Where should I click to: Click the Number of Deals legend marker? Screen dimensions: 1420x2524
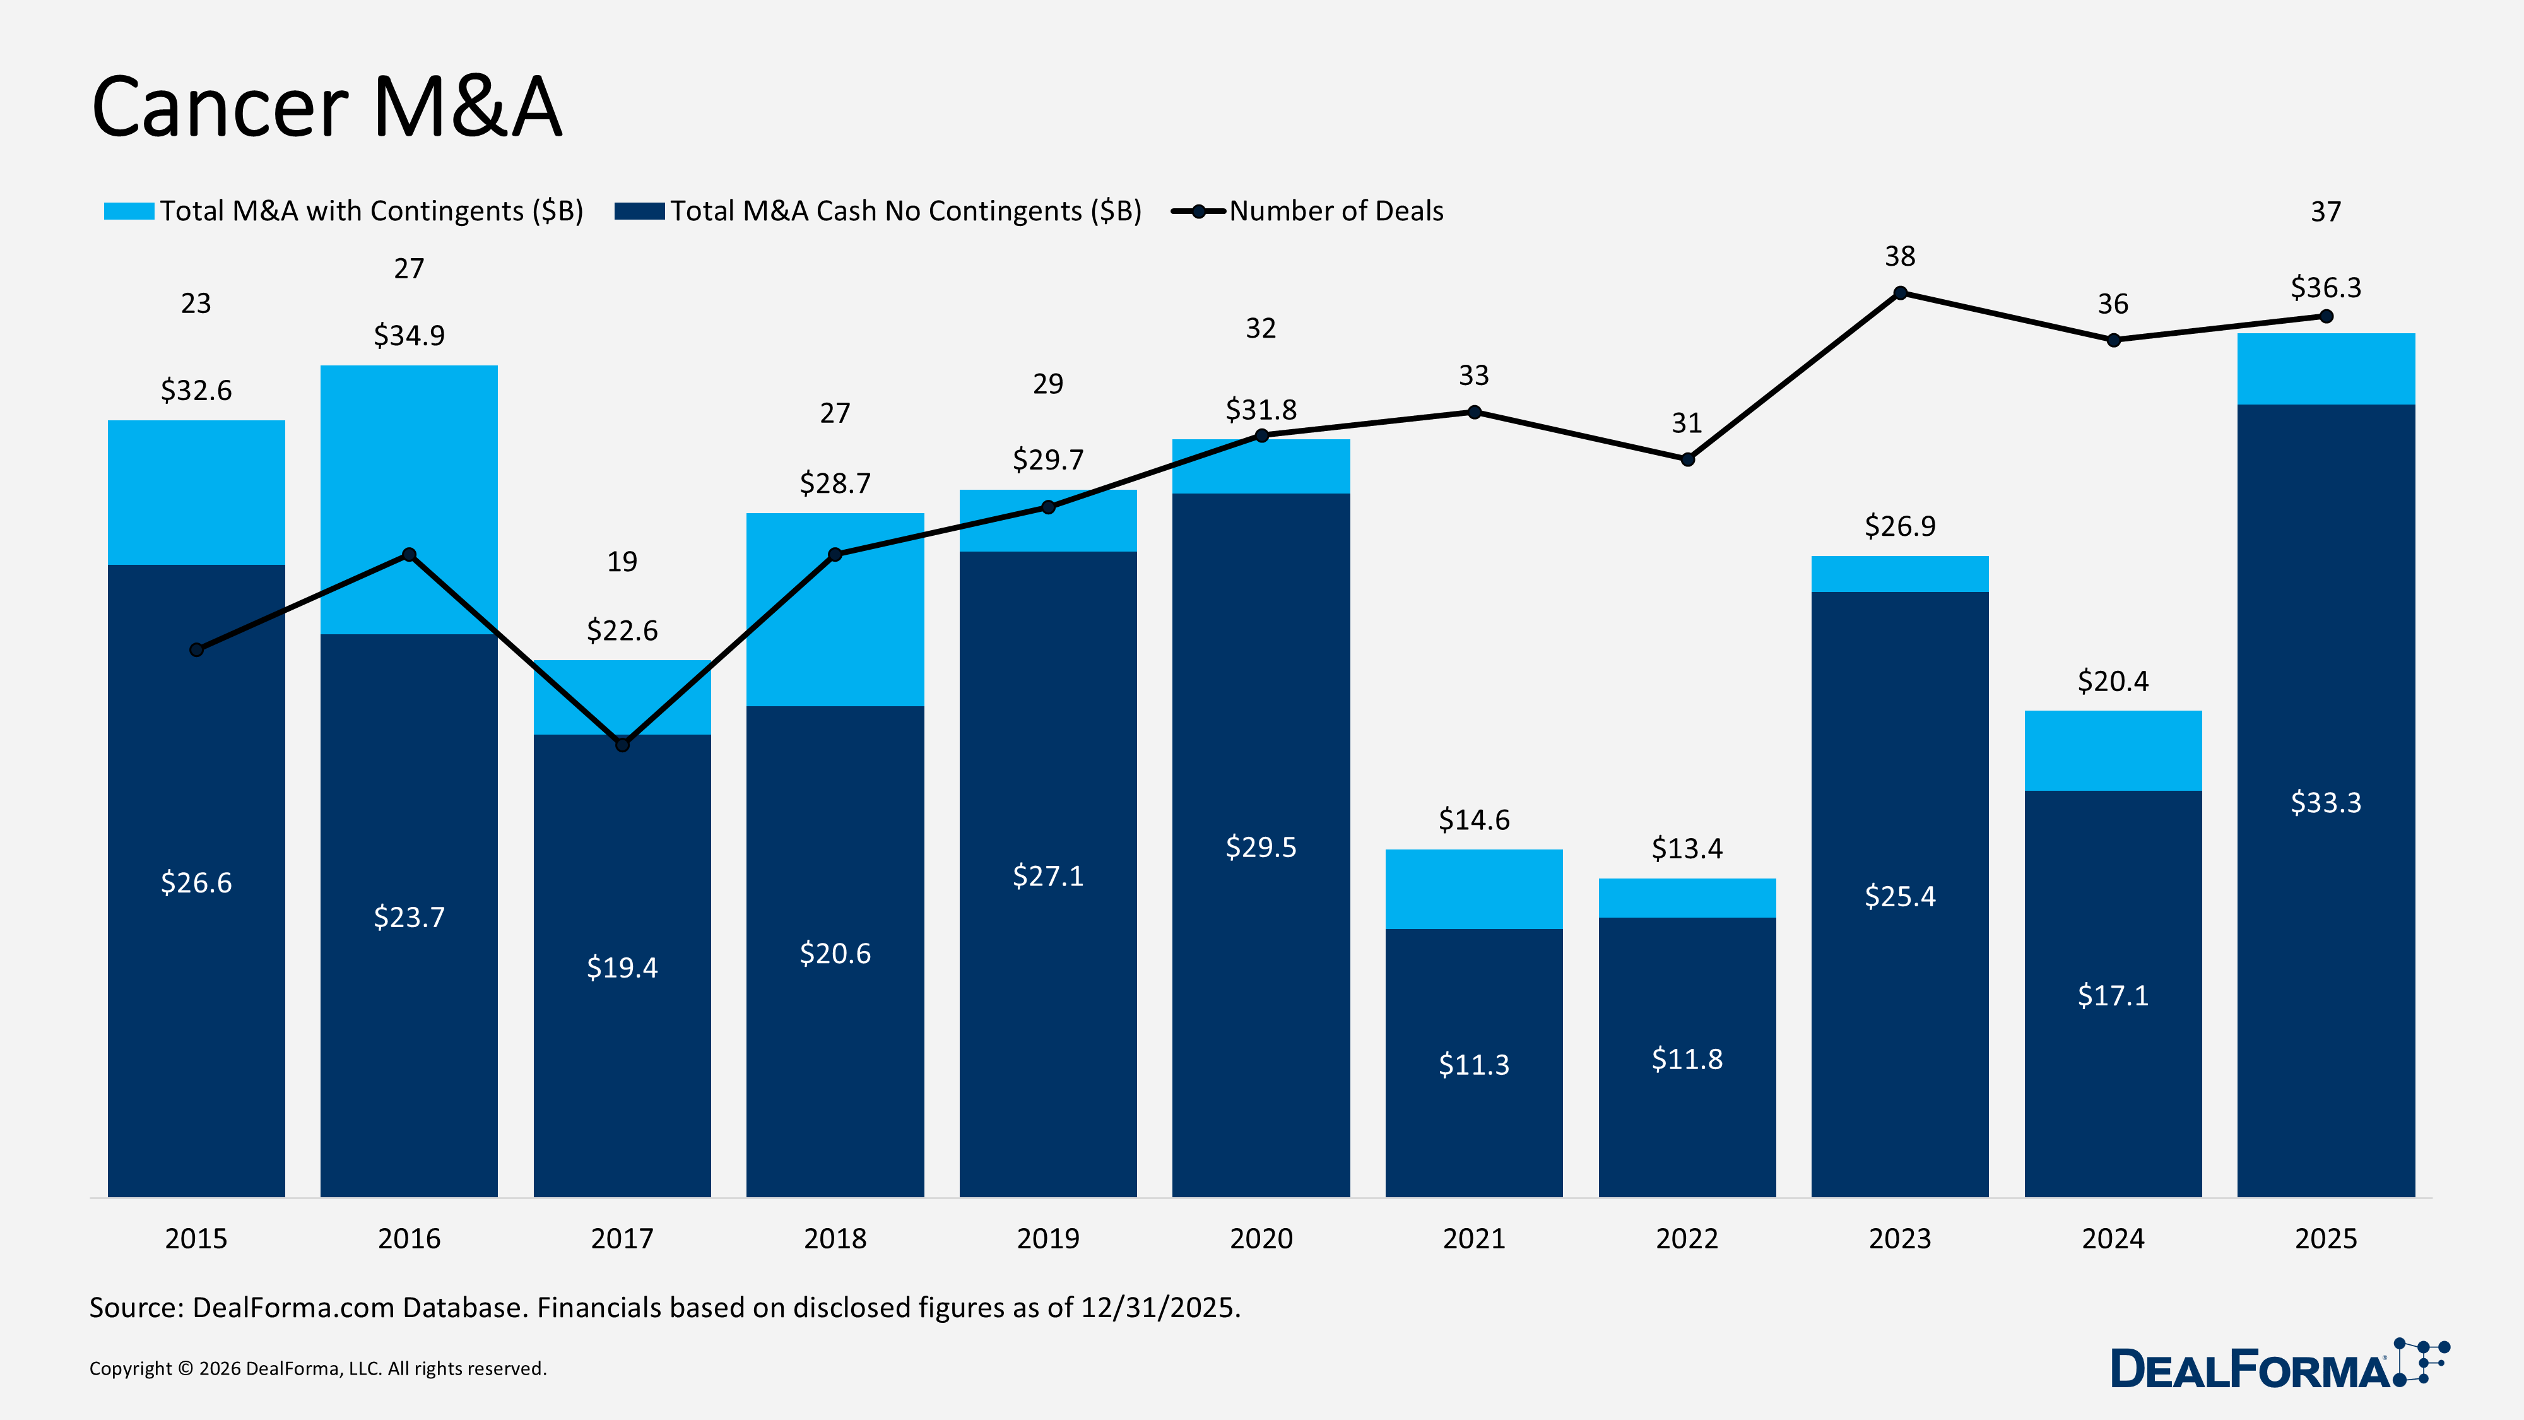pyautogui.click(x=1198, y=211)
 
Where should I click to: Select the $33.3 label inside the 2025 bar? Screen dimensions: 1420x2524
pyautogui.click(x=2325, y=803)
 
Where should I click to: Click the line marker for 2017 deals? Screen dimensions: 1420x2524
pyautogui.click(x=622, y=745)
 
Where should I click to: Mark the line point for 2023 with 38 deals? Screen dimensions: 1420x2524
pyautogui.click(x=1900, y=293)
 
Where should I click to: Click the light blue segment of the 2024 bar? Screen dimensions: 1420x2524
pyautogui.click(x=2113, y=750)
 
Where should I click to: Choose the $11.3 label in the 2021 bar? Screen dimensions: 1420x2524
pyautogui.click(x=1473, y=1064)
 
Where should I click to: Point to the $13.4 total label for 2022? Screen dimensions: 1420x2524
pyautogui.click(x=1686, y=849)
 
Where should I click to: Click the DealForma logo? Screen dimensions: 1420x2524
pyautogui.click(x=2278, y=1366)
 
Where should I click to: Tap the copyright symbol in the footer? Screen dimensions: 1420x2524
pyautogui.click(x=185, y=1369)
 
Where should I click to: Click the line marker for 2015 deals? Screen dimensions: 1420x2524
pyautogui.click(x=196, y=650)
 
